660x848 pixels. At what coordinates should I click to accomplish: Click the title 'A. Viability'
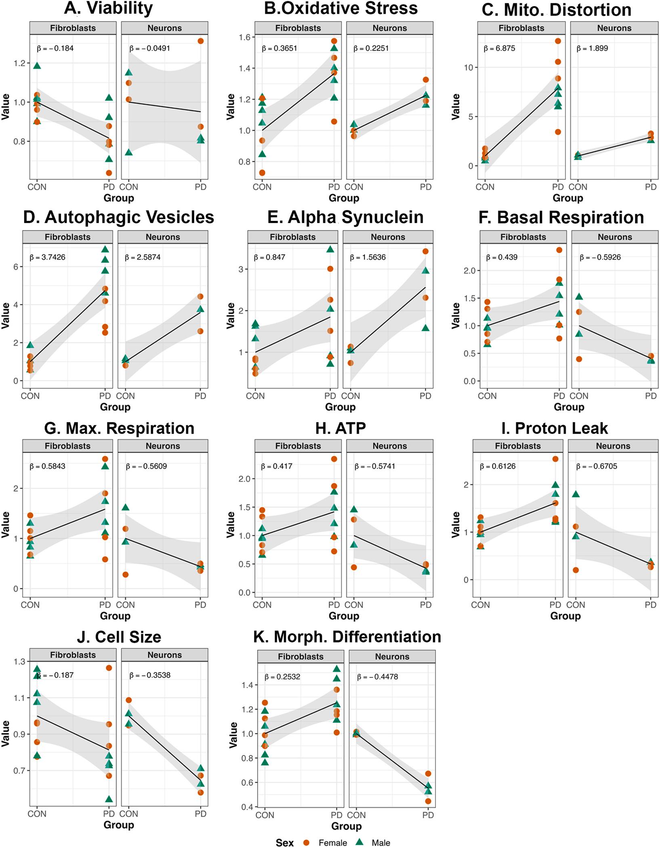pyautogui.click(x=109, y=8)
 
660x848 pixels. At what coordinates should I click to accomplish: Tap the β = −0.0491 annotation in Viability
pyautogui.click(x=149, y=48)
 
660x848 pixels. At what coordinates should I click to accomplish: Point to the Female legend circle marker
pyautogui.click(x=306, y=842)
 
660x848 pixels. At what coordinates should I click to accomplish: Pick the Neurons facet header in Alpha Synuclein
pyautogui.click(x=388, y=237)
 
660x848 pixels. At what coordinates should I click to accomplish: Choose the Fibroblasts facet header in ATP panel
pyautogui.click(x=298, y=446)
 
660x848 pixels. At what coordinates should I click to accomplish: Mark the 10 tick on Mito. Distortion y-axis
pyautogui.click(x=468, y=67)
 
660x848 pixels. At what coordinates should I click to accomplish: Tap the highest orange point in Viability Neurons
pyautogui.click(x=200, y=41)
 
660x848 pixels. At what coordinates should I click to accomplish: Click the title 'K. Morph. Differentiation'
pyautogui.click(x=347, y=637)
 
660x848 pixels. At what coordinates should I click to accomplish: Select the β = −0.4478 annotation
pyautogui.click(x=377, y=677)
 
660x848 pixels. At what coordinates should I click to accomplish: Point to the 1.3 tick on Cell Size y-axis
pyautogui.click(x=19, y=661)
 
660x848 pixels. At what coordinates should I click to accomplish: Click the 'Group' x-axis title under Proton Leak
pyautogui.click(x=565, y=616)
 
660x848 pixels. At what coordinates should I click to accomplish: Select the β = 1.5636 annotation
pyautogui.click(x=368, y=257)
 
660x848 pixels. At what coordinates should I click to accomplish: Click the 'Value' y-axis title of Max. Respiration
pyautogui.click(x=6, y=524)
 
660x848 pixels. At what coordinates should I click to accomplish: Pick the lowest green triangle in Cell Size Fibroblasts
pyautogui.click(x=109, y=799)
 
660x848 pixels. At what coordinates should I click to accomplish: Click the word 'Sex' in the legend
pyautogui.click(x=285, y=842)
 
